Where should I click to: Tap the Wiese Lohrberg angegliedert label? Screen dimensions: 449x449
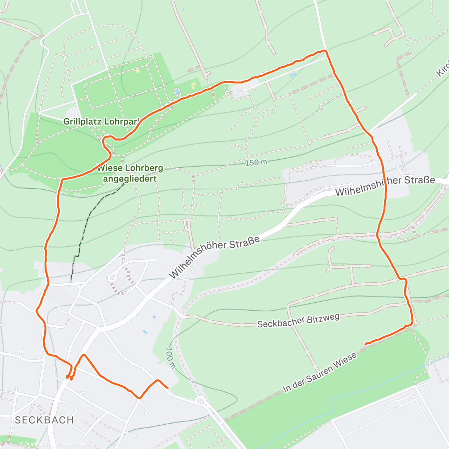pyautogui.click(x=130, y=173)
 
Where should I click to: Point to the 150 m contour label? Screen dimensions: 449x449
pyautogui.click(x=257, y=163)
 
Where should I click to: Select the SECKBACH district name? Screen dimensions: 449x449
pyautogui.click(x=45, y=420)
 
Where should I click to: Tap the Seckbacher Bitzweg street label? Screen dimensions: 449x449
pyautogui.click(x=298, y=321)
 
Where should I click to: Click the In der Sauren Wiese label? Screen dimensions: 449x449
pyautogui.click(x=320, y=373)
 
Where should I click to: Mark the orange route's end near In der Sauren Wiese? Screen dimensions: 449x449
pyautogui.click(x=366, y=343)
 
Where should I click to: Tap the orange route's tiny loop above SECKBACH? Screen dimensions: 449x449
pyautogui.click(x=69, y=377)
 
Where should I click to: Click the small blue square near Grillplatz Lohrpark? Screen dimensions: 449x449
pyautogui.click(x=177, y=91)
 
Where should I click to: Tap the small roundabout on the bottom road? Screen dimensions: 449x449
pyautogui.click(x=201, y=401)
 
